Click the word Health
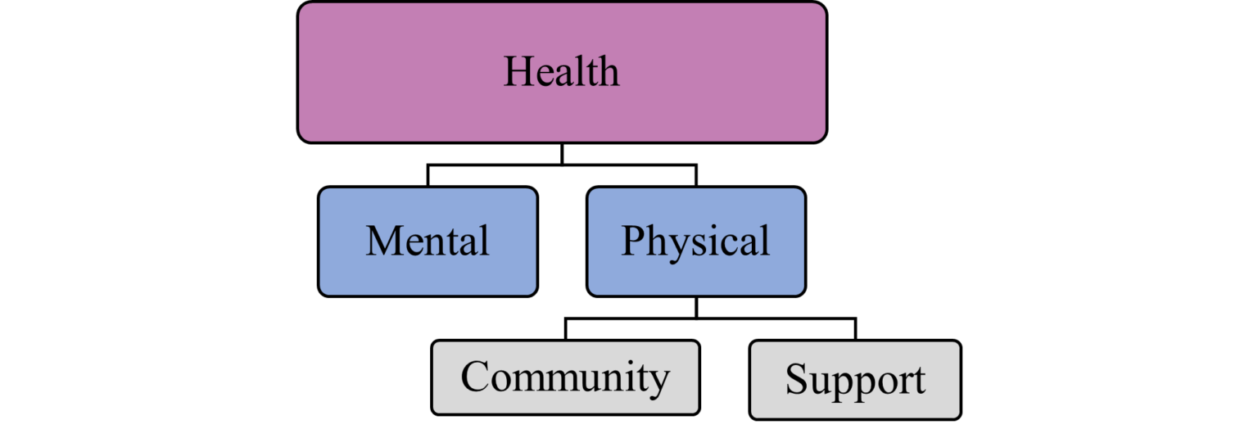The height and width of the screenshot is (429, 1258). coord(561,72)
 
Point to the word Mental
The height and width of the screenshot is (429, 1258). coord(428,242)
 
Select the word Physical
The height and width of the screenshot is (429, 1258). coord(695,242)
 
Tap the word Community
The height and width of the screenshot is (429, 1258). coord(565,377)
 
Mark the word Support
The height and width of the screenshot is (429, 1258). coord(855,380)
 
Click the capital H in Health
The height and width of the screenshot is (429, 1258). coord(518,72)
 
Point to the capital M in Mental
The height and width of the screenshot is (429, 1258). coord(383,242)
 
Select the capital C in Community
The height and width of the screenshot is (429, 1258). coord(476,377)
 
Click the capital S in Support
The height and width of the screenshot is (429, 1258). coord(796,379)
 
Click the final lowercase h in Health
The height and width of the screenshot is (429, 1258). coord(608,72)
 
